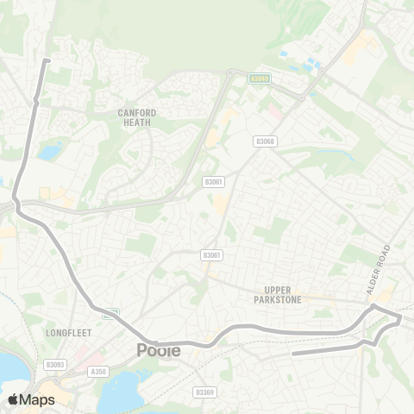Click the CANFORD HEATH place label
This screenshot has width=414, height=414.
136,117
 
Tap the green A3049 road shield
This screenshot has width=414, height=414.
260,78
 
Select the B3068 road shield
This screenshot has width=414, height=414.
266,141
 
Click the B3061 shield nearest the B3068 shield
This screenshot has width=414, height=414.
213,182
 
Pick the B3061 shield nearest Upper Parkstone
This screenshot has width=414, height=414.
211,255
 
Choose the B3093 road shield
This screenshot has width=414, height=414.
56,365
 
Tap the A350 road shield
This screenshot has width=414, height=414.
99,373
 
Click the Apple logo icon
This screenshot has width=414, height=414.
13,399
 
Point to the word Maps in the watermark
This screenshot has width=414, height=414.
37,399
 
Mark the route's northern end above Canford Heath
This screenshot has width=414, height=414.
47,60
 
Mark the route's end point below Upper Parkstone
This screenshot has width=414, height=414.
294,353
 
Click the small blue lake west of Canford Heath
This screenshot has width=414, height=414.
49,153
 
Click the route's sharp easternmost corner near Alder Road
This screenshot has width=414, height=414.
401,318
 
